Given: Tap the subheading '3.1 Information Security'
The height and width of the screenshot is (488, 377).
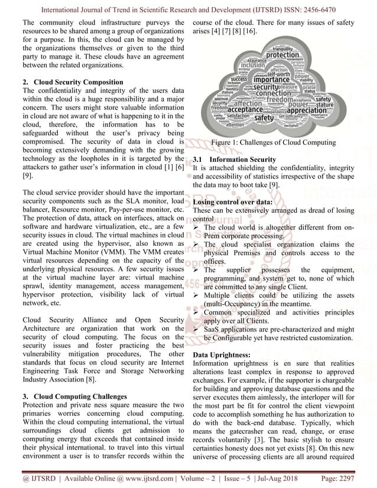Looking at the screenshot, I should pyautogui.click(x=235, y=160).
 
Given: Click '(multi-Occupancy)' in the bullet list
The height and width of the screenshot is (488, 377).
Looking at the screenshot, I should pyautogui.click(x=235, y=304).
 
